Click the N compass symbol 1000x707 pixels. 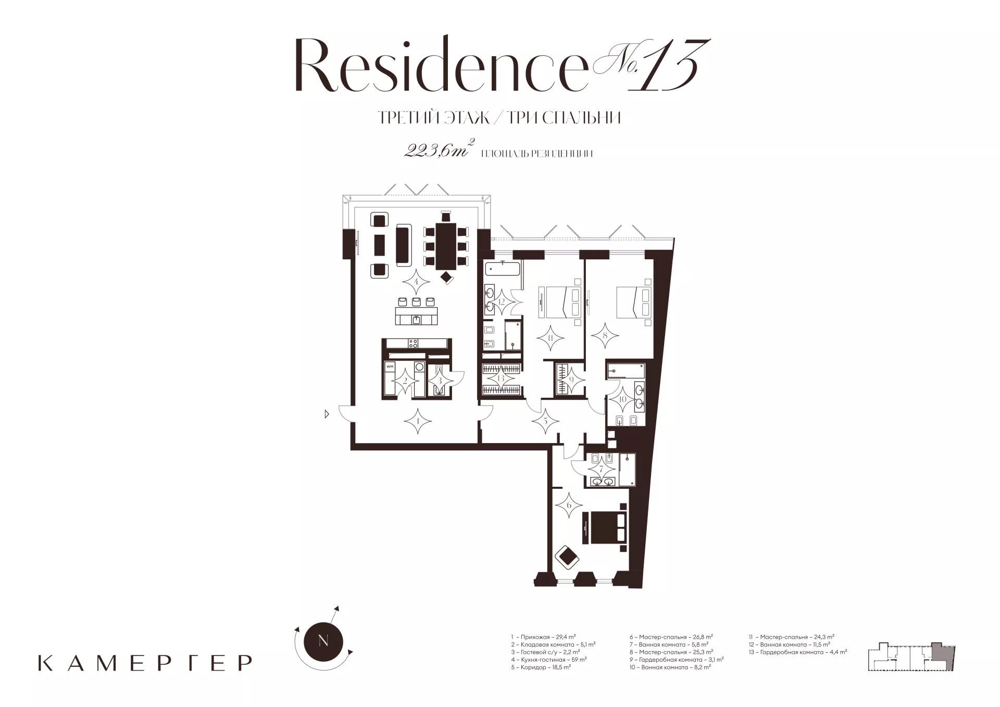pos(323,641)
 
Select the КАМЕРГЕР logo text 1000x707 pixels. pos(145,663)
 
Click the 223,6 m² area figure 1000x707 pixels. pos(438,150)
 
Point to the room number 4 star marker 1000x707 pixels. pos(416,283)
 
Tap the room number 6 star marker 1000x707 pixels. pos(569,506)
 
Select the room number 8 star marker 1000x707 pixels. pos(605,336)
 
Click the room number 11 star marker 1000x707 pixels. pos(551,338)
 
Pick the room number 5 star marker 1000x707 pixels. pos(545,420)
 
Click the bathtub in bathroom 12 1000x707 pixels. pos(503,269)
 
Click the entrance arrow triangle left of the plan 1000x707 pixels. pos(327,414)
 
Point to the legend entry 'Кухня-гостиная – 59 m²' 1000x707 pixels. pos(549,659)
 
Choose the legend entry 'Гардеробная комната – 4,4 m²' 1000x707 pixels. pos(798,651)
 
